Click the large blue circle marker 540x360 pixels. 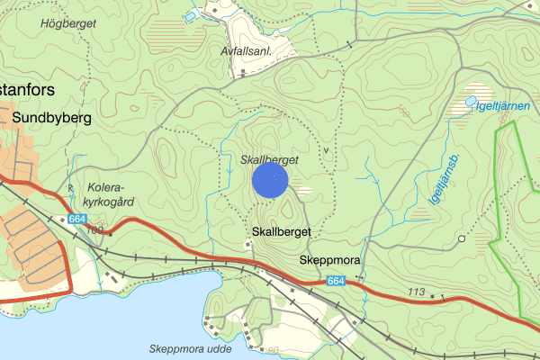coord(269,179)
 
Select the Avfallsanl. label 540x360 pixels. coord(246,52)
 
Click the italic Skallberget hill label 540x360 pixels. coord(269,159)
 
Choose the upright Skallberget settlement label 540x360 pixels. coord(281,231)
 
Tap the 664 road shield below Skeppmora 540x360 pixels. coord(336,282)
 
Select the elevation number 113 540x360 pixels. coord(417,292)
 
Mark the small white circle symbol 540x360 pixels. coord(461,238)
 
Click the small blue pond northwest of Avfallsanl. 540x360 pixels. coord(189,15)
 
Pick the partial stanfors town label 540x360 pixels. coord(28,89)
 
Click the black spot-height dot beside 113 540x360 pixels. coord(432,294)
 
